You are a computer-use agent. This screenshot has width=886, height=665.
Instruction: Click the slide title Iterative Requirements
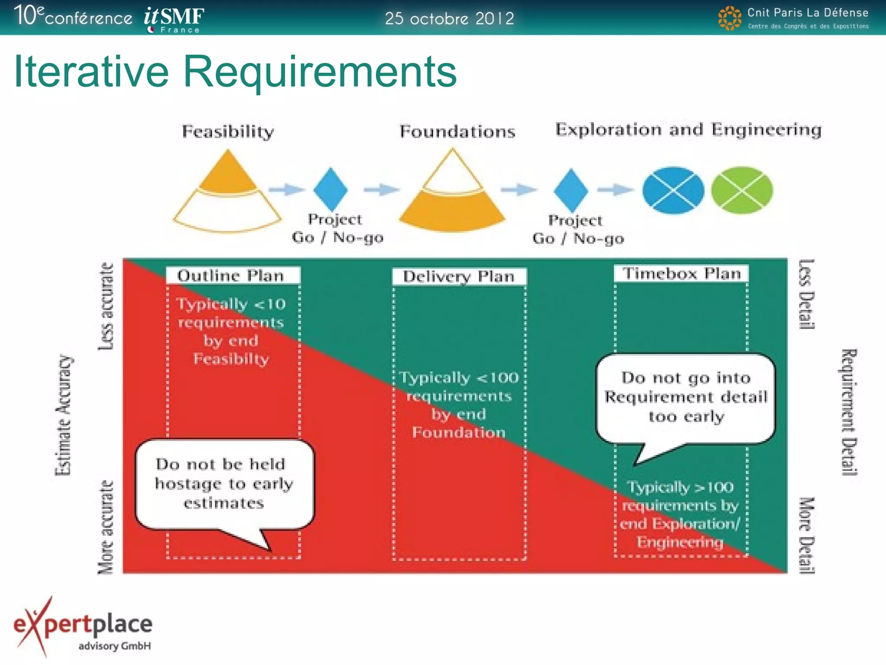pos(235,71)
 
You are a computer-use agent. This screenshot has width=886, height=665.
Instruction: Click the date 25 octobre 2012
pos(449,19)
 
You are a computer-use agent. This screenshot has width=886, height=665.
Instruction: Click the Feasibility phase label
pos(228,131)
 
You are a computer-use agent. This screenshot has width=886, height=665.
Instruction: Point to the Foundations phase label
pos(457,131)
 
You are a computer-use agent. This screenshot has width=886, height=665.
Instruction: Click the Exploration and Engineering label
pos(688,129)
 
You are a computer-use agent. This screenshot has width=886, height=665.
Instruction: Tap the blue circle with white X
pos(673,190)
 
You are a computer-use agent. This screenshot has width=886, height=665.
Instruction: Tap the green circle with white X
pos(742,190)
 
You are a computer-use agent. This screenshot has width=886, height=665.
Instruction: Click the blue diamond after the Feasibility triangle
pos(331,189)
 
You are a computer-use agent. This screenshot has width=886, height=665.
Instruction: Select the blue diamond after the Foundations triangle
pos(571,190)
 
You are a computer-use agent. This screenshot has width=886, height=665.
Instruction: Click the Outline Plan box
pos(232,275)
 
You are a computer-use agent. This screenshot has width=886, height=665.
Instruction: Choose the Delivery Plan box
pos(459,276)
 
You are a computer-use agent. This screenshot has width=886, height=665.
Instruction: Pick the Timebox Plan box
pos(681,274)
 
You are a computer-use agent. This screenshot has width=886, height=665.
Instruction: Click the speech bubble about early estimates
pos(224,484)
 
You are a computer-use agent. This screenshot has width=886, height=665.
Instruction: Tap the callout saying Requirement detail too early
pos(685,397)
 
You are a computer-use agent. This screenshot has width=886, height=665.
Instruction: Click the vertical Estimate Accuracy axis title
pos(64,415)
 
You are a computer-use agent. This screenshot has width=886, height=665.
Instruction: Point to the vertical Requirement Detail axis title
pos(848,412)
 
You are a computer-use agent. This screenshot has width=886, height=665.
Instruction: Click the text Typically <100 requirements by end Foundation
pos(459,404)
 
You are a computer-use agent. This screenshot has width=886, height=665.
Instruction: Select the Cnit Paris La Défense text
pos(807,13)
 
